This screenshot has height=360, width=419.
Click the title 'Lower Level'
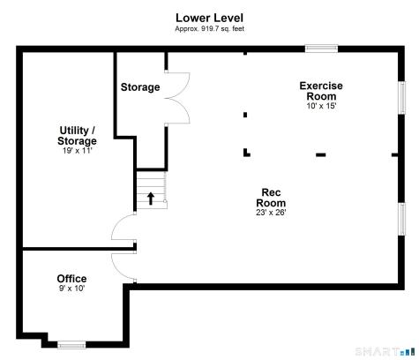point(209,18)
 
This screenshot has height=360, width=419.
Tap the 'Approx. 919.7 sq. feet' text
point(209,28)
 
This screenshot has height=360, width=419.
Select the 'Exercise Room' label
point(320,91)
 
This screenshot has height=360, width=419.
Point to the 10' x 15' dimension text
point(320,106)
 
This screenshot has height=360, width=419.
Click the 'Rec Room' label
point(271,198)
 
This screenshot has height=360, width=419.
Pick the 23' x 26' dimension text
point(271,212)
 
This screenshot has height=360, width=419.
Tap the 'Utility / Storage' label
point(77,135)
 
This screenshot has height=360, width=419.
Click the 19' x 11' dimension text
point(77,150)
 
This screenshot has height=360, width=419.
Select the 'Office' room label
point(71,279)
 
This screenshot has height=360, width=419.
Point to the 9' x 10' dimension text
point(71,289)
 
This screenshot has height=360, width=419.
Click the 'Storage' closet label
point(140,87)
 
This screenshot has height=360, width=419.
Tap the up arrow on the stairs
point(151,199)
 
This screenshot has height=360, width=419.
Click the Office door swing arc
point(122,263)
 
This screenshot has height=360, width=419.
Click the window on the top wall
point(321,49)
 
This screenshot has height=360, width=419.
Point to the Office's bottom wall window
point(71,344)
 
